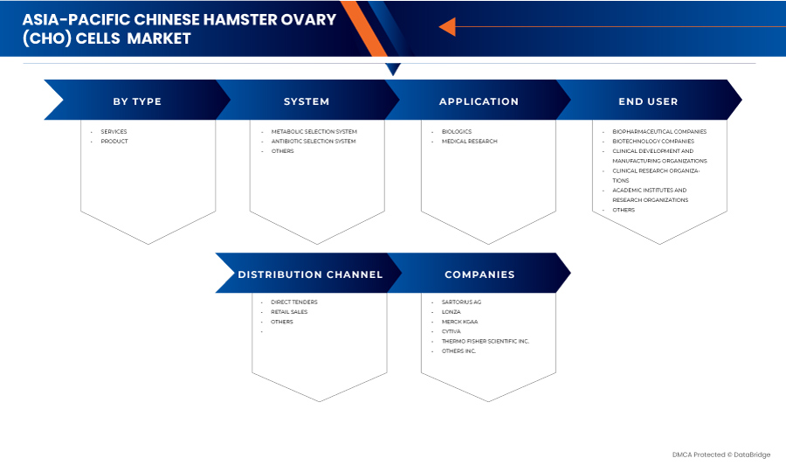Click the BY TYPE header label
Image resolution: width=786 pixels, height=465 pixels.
[x=137, y=101]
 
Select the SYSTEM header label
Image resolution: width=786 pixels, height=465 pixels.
[x=307, y=101]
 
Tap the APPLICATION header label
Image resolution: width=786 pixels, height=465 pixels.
[x=479, y=101]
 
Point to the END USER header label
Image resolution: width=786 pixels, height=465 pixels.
[x=648, y=101]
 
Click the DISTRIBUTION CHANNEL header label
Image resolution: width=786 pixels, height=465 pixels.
[x=310, y=274]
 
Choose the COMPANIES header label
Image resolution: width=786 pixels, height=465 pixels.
[x=479, y=274]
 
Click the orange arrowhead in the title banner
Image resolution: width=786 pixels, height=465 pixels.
[x=448, y=26]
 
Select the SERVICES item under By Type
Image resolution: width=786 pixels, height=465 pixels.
[x=114, y=131]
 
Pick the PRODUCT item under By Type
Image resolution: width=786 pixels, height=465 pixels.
[x=114, y=142]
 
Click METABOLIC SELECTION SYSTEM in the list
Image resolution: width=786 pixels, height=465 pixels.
[x=314, y=131]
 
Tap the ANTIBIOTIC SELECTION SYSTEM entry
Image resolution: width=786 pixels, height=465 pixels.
[x=314, y=142]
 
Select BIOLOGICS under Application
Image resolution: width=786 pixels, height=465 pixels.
[x=457, y=131]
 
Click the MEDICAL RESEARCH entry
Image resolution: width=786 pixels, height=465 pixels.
[x=470, y=142]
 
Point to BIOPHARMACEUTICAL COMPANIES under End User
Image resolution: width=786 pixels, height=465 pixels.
[x=659, y=131]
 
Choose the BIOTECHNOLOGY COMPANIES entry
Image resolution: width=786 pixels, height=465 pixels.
[x=653, y=142]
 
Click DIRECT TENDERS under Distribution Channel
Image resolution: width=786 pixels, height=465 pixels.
[x=294, y=302]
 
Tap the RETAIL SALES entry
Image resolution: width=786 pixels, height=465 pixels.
[x=289, y=312]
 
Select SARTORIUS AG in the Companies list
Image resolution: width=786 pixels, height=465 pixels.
[x=461, y=302]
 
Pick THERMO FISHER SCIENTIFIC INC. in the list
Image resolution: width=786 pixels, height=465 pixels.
[x=486, y=341]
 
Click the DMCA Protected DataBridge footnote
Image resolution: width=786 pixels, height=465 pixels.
[x=721, y=455]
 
